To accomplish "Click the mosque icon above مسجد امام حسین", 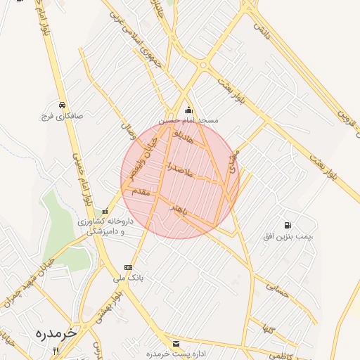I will tap(188, 110).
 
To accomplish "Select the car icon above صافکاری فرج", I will tap(62, 105).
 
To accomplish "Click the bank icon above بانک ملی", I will tap(128, 267).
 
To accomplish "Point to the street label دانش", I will tap(261, 30).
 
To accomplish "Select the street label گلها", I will tap(266, 328).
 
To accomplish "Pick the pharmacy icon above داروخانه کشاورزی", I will tap(105, 211).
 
